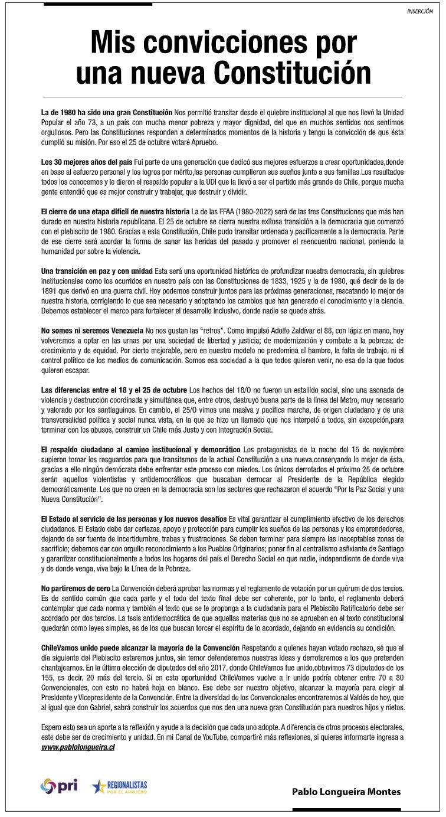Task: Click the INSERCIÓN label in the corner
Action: point(421,11)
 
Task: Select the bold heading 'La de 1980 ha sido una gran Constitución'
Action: point(107,112)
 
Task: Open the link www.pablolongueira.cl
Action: point(78,747)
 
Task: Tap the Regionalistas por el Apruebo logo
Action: point(120,786)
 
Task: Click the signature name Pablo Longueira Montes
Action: point(346,792)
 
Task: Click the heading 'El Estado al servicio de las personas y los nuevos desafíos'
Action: point(134,518)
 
